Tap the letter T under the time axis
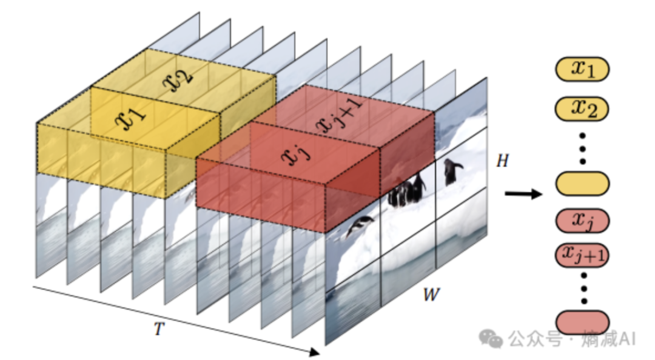159,328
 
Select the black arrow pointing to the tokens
523,194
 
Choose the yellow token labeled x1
582,70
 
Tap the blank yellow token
582,183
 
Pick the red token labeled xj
582,222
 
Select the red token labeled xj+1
582,255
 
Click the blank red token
582,321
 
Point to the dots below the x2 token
583,146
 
